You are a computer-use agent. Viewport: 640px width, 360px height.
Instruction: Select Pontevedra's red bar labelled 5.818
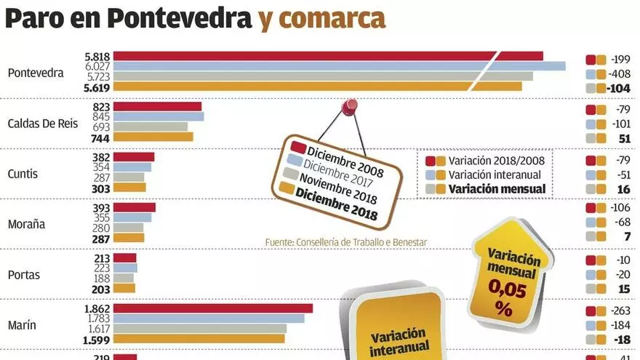coord(327,56)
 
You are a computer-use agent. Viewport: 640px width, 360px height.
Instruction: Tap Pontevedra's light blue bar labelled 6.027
coord(339,66)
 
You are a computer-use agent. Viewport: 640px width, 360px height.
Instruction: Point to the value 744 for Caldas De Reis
coord(100,137)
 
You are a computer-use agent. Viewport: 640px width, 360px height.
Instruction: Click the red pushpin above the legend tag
coord(351,107)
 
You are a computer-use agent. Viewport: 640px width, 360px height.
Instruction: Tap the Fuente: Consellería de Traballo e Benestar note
coord(345,241)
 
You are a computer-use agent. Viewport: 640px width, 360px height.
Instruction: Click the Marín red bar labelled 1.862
coord(213,308)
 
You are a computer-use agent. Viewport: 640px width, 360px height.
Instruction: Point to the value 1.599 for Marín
coord(96,339)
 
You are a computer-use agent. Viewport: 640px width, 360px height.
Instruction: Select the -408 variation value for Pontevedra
coord(620,74)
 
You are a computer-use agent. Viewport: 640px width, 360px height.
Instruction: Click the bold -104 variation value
coord(620,88)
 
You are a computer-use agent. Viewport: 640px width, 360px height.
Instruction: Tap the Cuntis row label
coord(23,175)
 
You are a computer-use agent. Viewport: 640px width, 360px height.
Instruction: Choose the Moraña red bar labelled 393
coord(135,207)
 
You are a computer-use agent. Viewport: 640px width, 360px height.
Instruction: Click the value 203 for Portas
coord(100,288)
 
